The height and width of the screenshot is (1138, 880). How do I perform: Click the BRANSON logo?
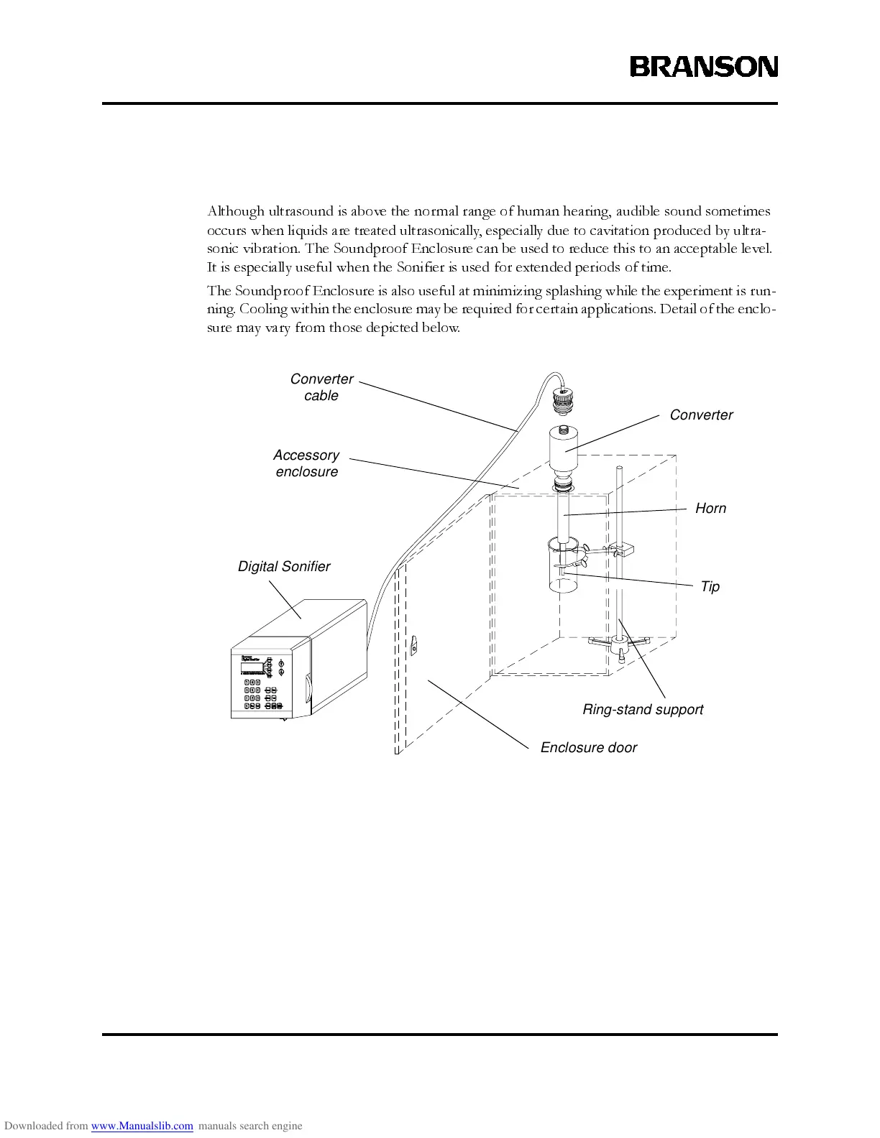click(704, 67)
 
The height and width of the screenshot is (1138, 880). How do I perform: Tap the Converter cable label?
click(321, 387)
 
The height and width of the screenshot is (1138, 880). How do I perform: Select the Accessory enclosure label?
click(306, 463)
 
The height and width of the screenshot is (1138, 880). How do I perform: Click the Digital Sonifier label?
click(284, 567)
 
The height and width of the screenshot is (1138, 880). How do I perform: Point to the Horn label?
click(710, 509)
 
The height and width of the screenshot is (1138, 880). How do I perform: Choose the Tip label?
click(710, 587)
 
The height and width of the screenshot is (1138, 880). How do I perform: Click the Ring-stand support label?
click(643, 710)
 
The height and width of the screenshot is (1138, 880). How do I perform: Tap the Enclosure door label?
click(588, 748)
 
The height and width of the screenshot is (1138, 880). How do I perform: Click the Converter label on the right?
click(701, 415)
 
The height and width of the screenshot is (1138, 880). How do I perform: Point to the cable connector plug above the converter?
click(563, 399)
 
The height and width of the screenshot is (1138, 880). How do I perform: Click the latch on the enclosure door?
click(413, 647)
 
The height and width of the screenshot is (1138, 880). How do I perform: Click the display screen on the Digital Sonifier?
click(252, 668)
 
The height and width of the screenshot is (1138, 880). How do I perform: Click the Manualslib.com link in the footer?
click(142, 1126)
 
